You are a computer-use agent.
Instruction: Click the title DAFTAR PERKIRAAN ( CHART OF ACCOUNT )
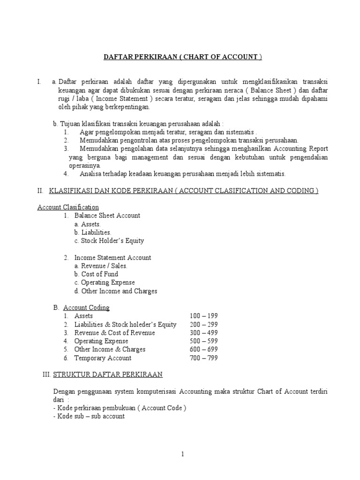coord(182,57)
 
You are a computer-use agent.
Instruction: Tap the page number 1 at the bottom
coord(182,454)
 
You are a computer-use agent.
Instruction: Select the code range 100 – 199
coord(203,316)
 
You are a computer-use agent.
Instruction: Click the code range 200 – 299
coord(203,324)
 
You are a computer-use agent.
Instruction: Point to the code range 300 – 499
coord(203,333)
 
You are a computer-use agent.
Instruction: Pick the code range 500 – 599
coord(203,341)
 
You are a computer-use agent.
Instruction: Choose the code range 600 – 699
coord(203,349)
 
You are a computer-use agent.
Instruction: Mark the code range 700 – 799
coord(203,358)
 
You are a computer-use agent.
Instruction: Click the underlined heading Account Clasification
coord(68,207)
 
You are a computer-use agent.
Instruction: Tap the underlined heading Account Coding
coord(86,307)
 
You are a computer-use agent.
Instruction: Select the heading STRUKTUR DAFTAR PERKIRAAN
coord(108,374)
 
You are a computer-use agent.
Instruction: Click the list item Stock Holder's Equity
coord(112,240)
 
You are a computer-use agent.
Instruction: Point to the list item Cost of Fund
coord(99,274)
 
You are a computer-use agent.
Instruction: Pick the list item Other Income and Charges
coord(119,291)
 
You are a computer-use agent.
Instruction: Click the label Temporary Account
coord(103,358)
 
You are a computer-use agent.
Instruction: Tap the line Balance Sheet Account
coord(107,216)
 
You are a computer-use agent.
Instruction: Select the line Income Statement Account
coord(112,257)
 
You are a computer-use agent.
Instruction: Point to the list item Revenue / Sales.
coord(104,266)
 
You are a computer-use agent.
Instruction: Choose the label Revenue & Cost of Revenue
coord(114,333)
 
